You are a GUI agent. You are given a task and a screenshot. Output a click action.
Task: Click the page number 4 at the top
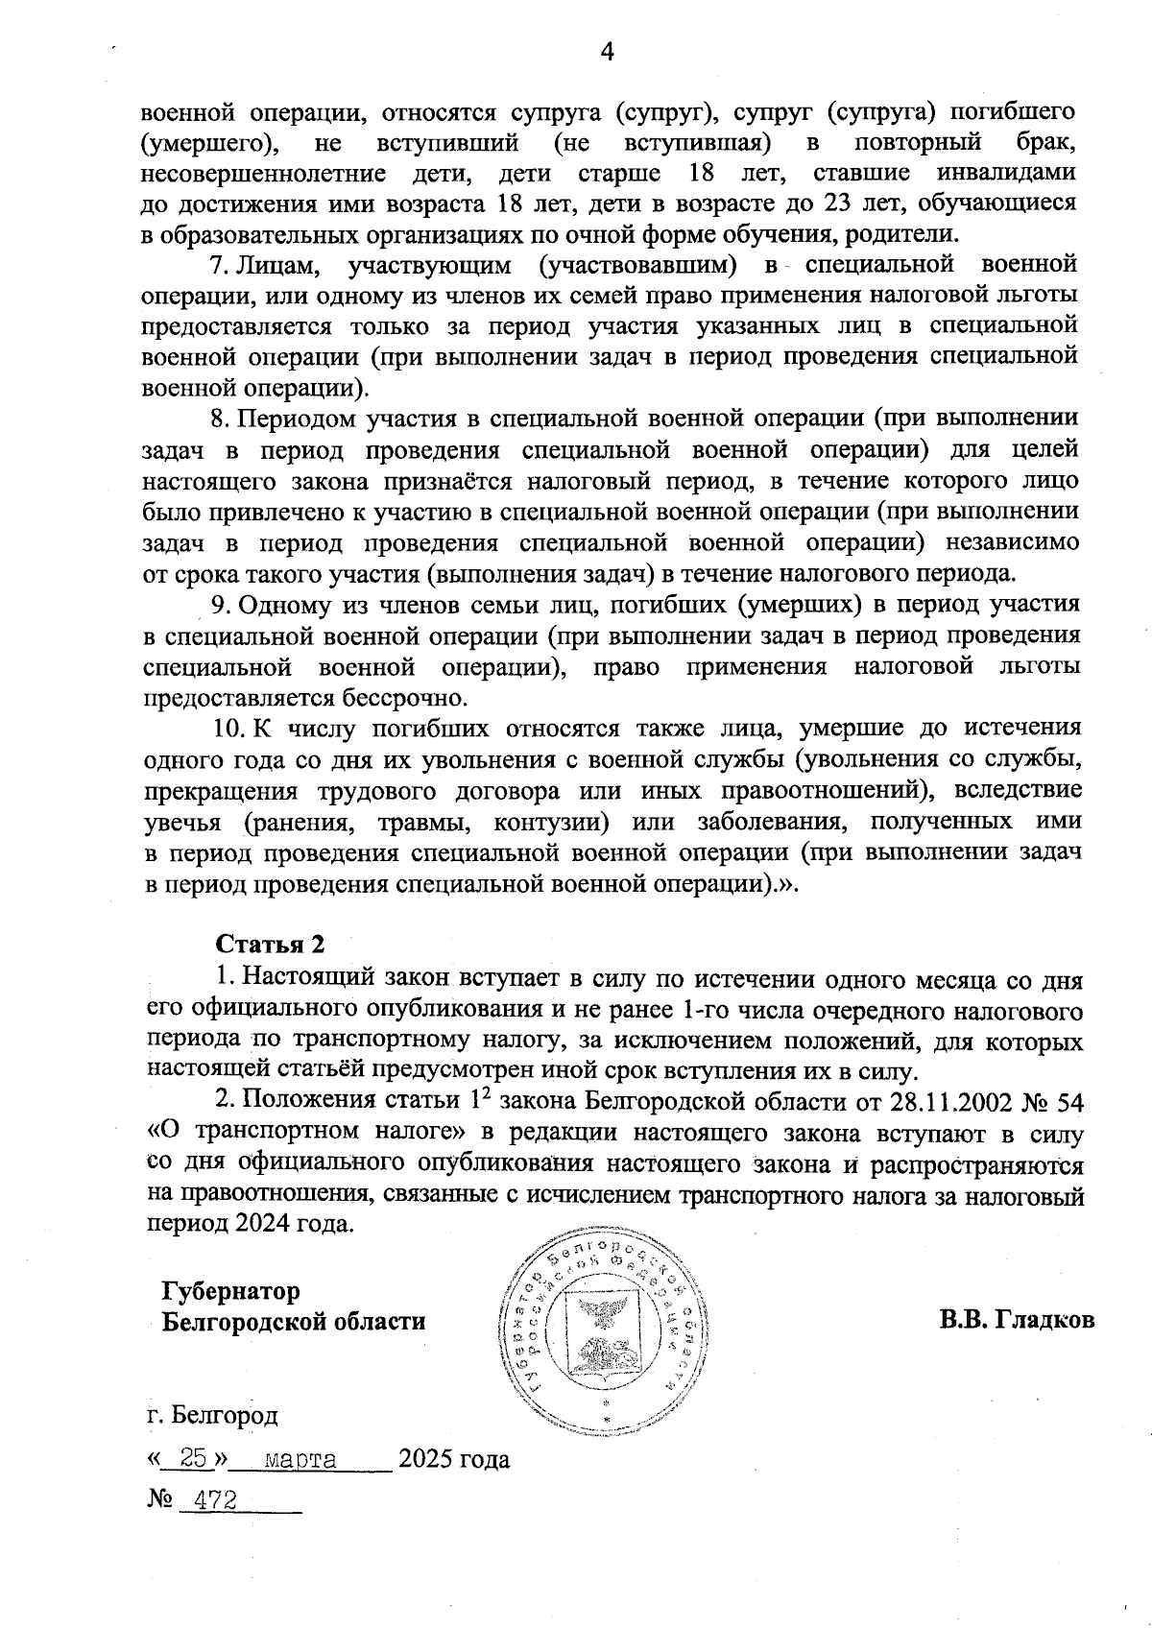(x=606, y=51)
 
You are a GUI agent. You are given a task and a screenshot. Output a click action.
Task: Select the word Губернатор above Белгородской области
(x=230, y=1291)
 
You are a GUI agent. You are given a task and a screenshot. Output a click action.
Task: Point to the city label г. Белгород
(x=212, y=1415)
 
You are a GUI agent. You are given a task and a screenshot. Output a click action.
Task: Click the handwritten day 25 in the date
(x=193, y=1459)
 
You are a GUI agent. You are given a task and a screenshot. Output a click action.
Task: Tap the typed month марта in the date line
(x=300, y=1460)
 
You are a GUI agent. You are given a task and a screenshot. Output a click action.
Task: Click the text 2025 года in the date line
(x=454, y=1460)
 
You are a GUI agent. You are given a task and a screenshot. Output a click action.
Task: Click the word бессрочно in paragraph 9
(x=385, y=697)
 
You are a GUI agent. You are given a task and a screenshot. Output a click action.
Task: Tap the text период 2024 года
(x=250, y=1225)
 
